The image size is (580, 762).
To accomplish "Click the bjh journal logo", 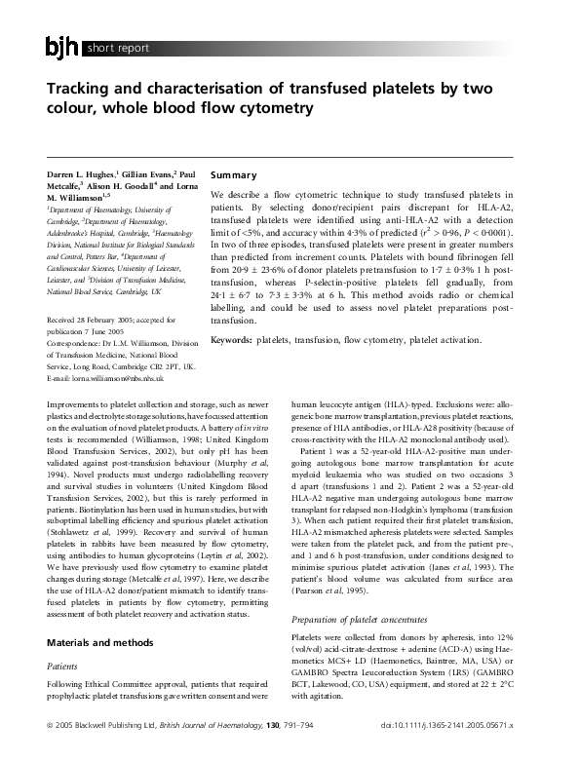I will point(62,45).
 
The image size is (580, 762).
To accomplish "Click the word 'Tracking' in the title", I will point(82,90).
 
